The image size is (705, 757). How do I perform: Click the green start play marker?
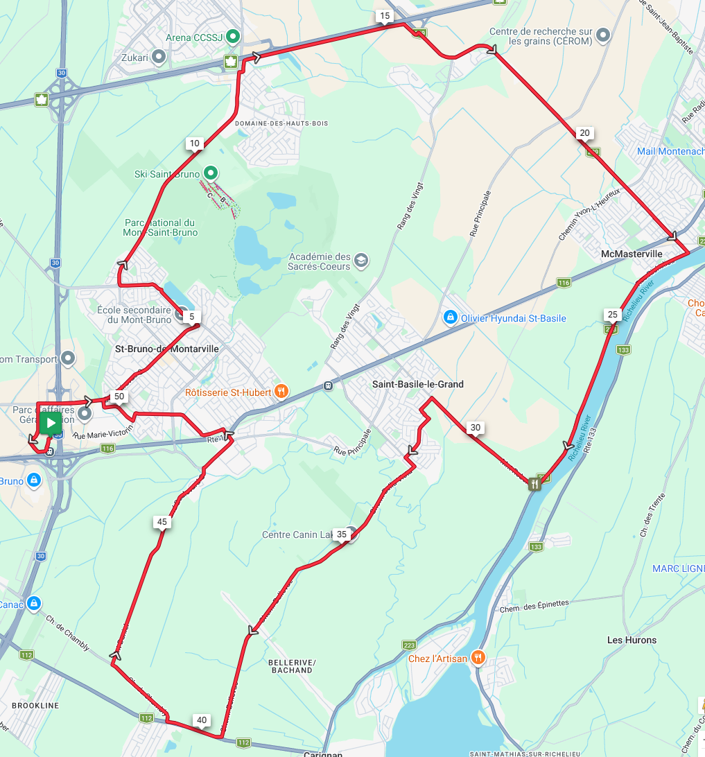pyautogui.click(x=51, y=422)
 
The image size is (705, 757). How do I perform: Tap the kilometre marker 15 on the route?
pyautogui.click(x=384, y=15)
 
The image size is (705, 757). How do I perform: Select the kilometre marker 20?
pyautogui.click(x=584, y=133)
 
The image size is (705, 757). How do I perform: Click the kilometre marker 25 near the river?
pyautogui.click(x=612, y=314)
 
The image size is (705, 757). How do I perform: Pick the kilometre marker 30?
pyautogui.click(x=475, y=428)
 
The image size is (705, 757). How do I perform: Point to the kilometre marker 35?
pyautogui.click(x=342, y=534)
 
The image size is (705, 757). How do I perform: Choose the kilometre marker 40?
pyautogui.click(x=202, y=720)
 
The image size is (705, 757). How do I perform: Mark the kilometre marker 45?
pyautogui.click(x=162, y=522)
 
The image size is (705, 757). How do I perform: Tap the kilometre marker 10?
pyautogui.click(x=194, y=143)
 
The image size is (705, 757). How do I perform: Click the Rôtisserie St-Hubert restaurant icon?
pyautogui.click(x=281, y=392)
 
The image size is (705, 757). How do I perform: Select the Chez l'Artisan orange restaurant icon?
pyautogui.click(x=478, y=657)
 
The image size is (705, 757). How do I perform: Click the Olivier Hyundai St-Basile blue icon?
pyautogui.click(x=450, y=318)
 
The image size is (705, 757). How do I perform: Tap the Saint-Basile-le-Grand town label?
pyautogui.click(x=417, y=384)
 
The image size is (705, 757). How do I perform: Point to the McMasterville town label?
pyautogui.click(x=631, y=254)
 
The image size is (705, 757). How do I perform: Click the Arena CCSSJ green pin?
pyautogui.click(x=234, y=36)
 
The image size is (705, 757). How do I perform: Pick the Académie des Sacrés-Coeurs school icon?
pyautogui.click(x=360, y=261)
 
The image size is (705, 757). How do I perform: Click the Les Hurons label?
pyautogui.click(x=631, y=640)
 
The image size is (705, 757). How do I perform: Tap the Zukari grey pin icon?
pyautogui.click(x=159, y=58)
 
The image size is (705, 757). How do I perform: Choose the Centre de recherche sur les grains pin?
pyautogui.click(x=604, y=35)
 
